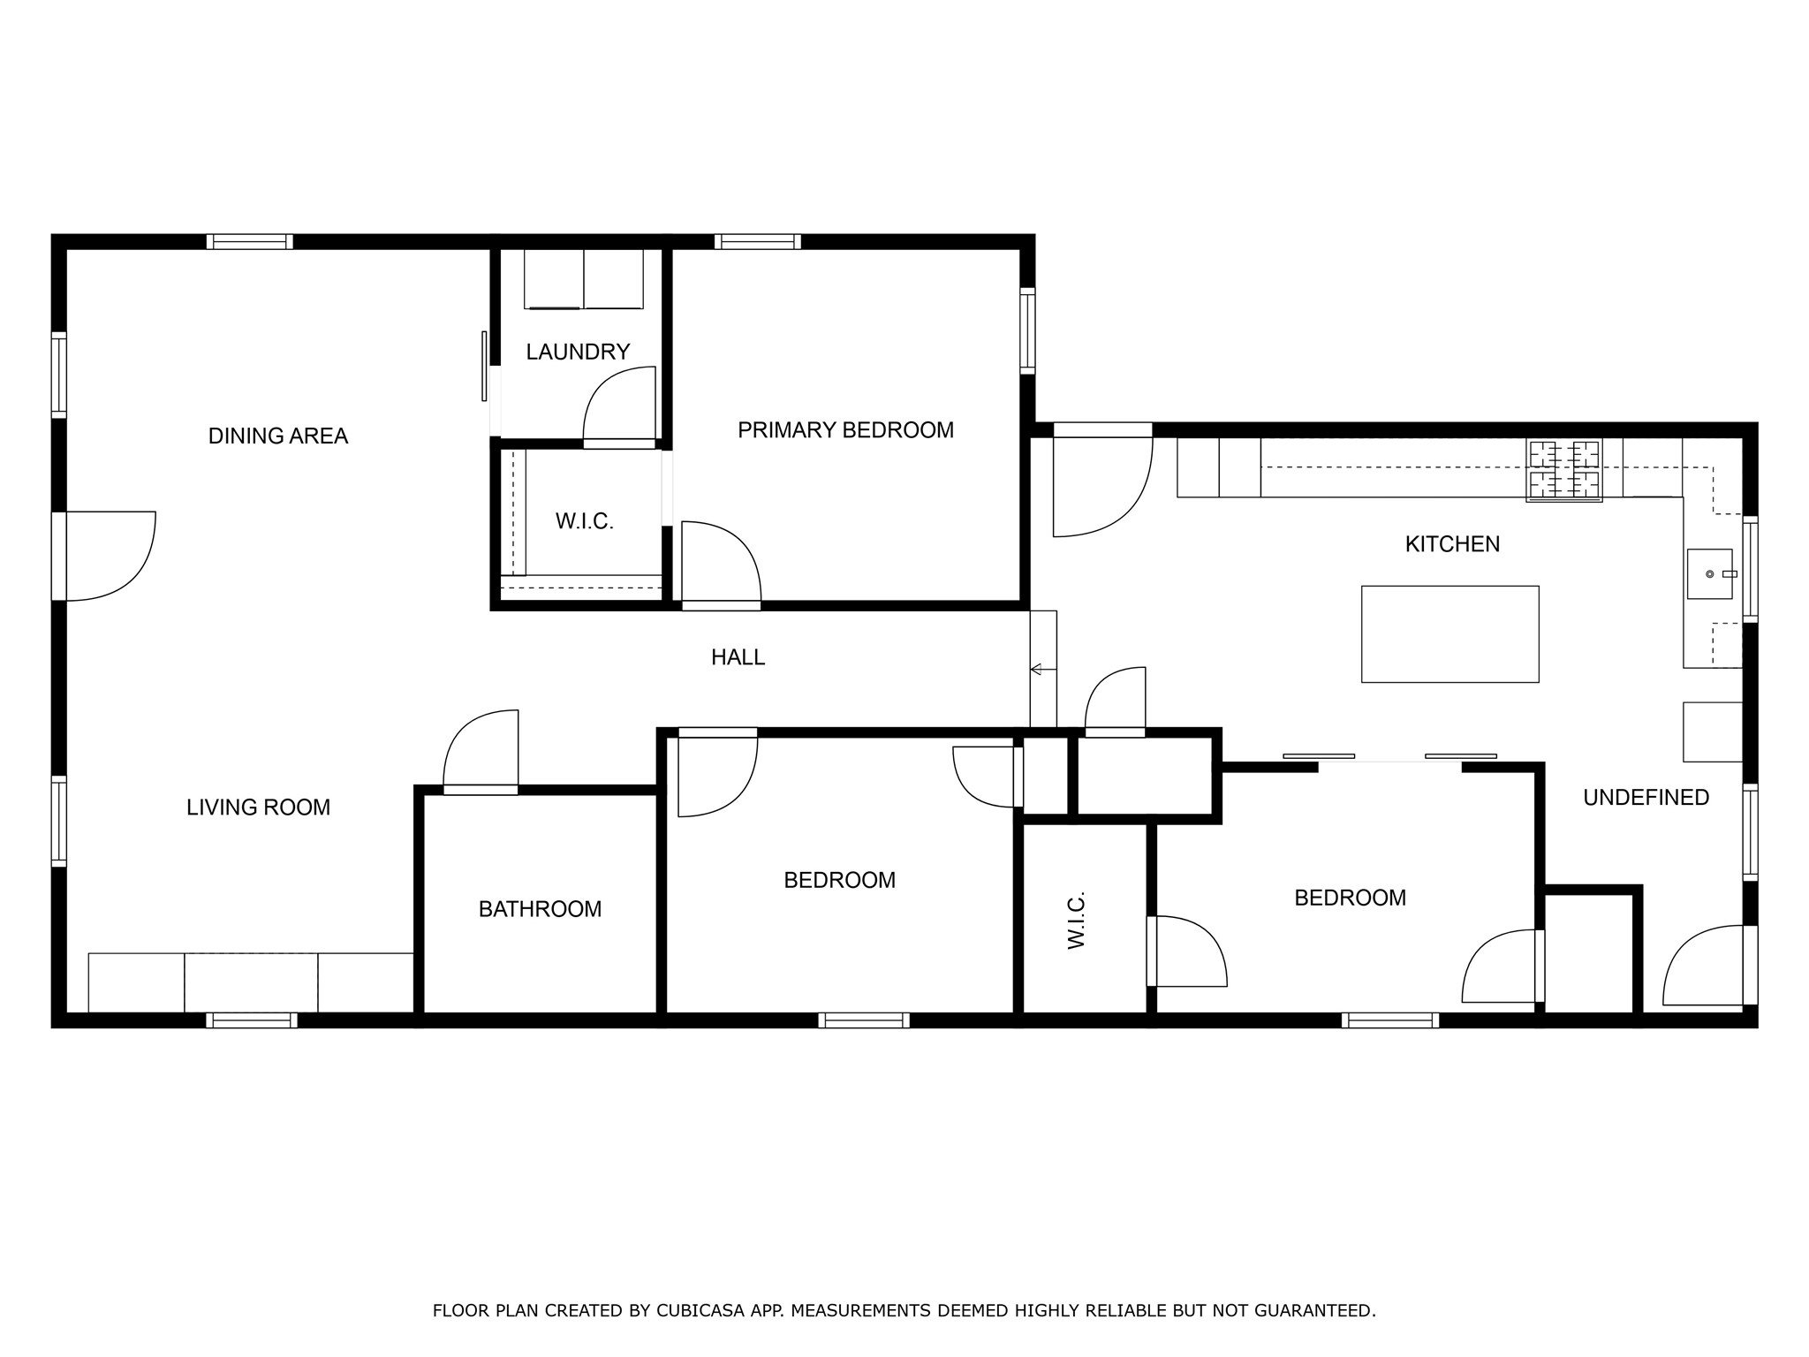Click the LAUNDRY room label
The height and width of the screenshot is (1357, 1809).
tap(578, 352)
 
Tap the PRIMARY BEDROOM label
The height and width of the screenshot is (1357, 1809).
tap(845, 430)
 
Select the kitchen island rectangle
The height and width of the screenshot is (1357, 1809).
tap(1449, 633)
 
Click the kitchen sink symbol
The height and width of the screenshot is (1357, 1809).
tap(1709, 574)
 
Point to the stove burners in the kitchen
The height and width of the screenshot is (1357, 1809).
tap(1563, 470)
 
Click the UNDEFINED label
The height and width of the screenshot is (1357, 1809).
tap(1646, 798)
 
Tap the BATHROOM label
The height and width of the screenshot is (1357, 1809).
tap(540, 909)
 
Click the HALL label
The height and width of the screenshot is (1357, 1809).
tap(738, 657)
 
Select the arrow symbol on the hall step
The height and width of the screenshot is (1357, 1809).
tap(1037, 669)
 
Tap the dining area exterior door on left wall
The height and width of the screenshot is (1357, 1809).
tap(106, 556)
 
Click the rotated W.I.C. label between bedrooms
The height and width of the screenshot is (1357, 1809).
tap(1076, 921)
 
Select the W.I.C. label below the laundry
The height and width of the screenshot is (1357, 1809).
tap(584, 521)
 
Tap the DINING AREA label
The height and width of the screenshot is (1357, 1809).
tap(278, 436)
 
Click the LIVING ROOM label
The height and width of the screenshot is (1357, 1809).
tap(258, 807)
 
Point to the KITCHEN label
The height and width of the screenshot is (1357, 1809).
tap(1452, 544)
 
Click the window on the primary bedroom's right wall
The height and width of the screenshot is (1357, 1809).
tap(1027, 331)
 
